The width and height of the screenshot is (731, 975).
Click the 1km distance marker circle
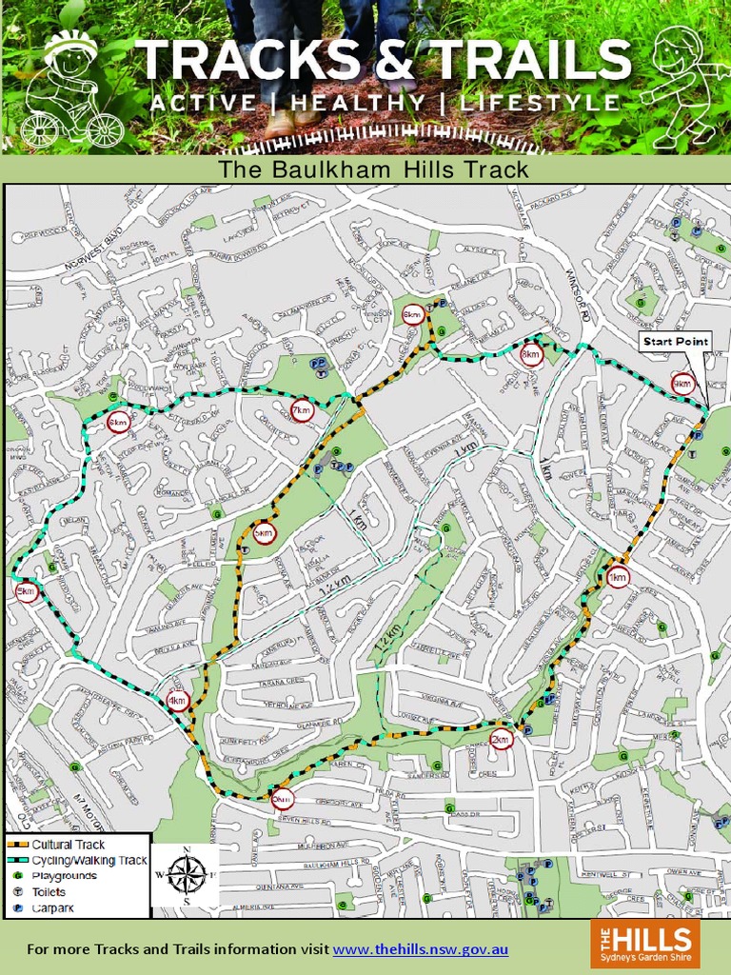point(618,577)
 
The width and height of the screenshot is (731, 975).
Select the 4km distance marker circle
point(177,702)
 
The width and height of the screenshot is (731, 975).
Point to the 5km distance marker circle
point(26,591)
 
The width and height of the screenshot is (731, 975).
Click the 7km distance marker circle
point(302,411)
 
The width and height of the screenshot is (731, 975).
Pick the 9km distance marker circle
point(682,383)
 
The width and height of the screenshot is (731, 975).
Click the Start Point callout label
point(675,342)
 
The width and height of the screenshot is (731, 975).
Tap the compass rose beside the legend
point(186,874)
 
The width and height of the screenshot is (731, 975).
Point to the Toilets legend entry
point(49,892)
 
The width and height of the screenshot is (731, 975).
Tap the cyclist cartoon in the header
point(72,90)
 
